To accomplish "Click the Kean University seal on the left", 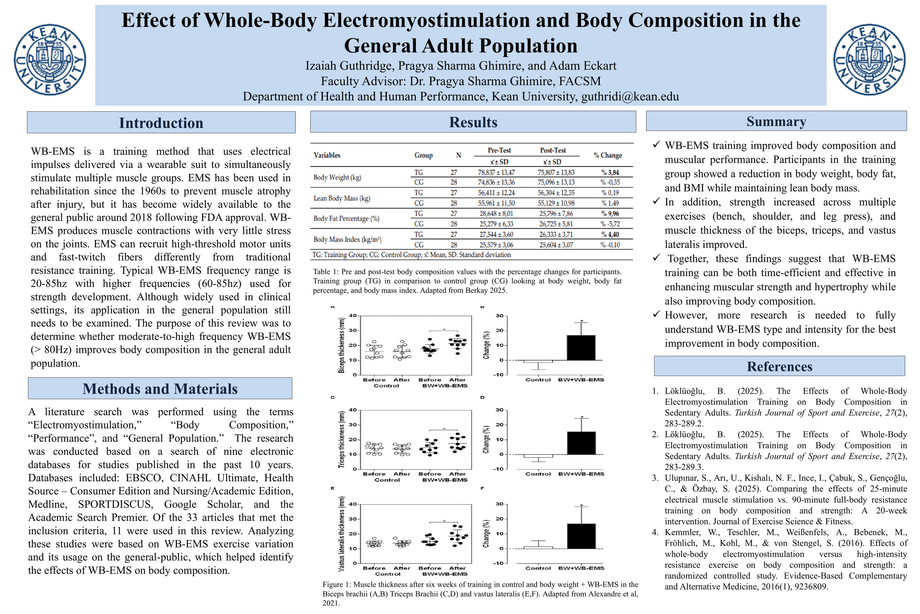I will click(x=50, y=60).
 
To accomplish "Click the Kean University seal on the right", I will click(x=869, y=60).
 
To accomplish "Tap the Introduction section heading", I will click(x=161, y=123).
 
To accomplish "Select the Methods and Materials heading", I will click(x=160, y=389).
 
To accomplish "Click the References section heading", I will click(x=779, y=366).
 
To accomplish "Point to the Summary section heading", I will click(x=776, y=122).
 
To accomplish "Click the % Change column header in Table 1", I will click(x=608, y=155).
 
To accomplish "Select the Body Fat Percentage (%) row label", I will click(x=346, y=218).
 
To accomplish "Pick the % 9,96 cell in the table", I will click(x=610, y=213).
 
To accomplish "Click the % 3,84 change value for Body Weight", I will click(x=610, y=172).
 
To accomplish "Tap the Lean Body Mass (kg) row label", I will click(x=342, y=198).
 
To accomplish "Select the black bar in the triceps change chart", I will click(x=581, y=443).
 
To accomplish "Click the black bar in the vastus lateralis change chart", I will click(x=581, y=536).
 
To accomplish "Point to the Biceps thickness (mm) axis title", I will click(x=342, y=345).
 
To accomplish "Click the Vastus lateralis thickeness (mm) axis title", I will click(x=342, y=534).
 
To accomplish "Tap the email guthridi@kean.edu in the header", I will click(x=630, y=97).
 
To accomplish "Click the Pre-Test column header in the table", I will click(x=499, y=150).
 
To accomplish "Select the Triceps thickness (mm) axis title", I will click(x=342, y=439).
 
